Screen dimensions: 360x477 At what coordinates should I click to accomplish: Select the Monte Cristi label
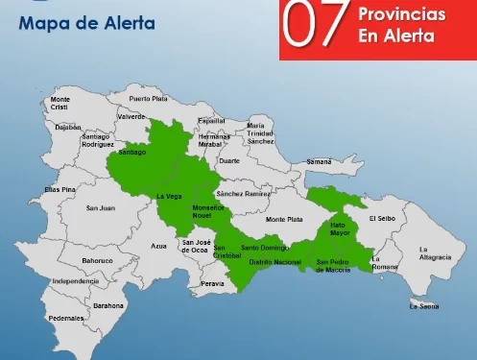[x=60, y=103]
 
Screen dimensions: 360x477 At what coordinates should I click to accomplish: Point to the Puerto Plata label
[x=148, y=99]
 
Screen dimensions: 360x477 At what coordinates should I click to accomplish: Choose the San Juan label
[x=100, y=207]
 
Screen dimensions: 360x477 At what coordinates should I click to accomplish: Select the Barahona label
[x=107, y=305]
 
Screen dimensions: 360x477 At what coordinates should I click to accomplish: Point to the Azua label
[x=158, y=246]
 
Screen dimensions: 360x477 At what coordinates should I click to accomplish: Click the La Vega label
[x=168, y=196]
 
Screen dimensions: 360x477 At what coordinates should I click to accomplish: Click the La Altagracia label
[x=435, y=254]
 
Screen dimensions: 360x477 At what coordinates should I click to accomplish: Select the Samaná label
[x=318, y=162]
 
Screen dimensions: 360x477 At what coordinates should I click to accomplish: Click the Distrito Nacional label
[x=274, y=261]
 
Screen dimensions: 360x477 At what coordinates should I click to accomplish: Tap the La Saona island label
[x=423, y=306]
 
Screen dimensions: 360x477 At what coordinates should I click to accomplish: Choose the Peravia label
[x=213, y=283]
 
